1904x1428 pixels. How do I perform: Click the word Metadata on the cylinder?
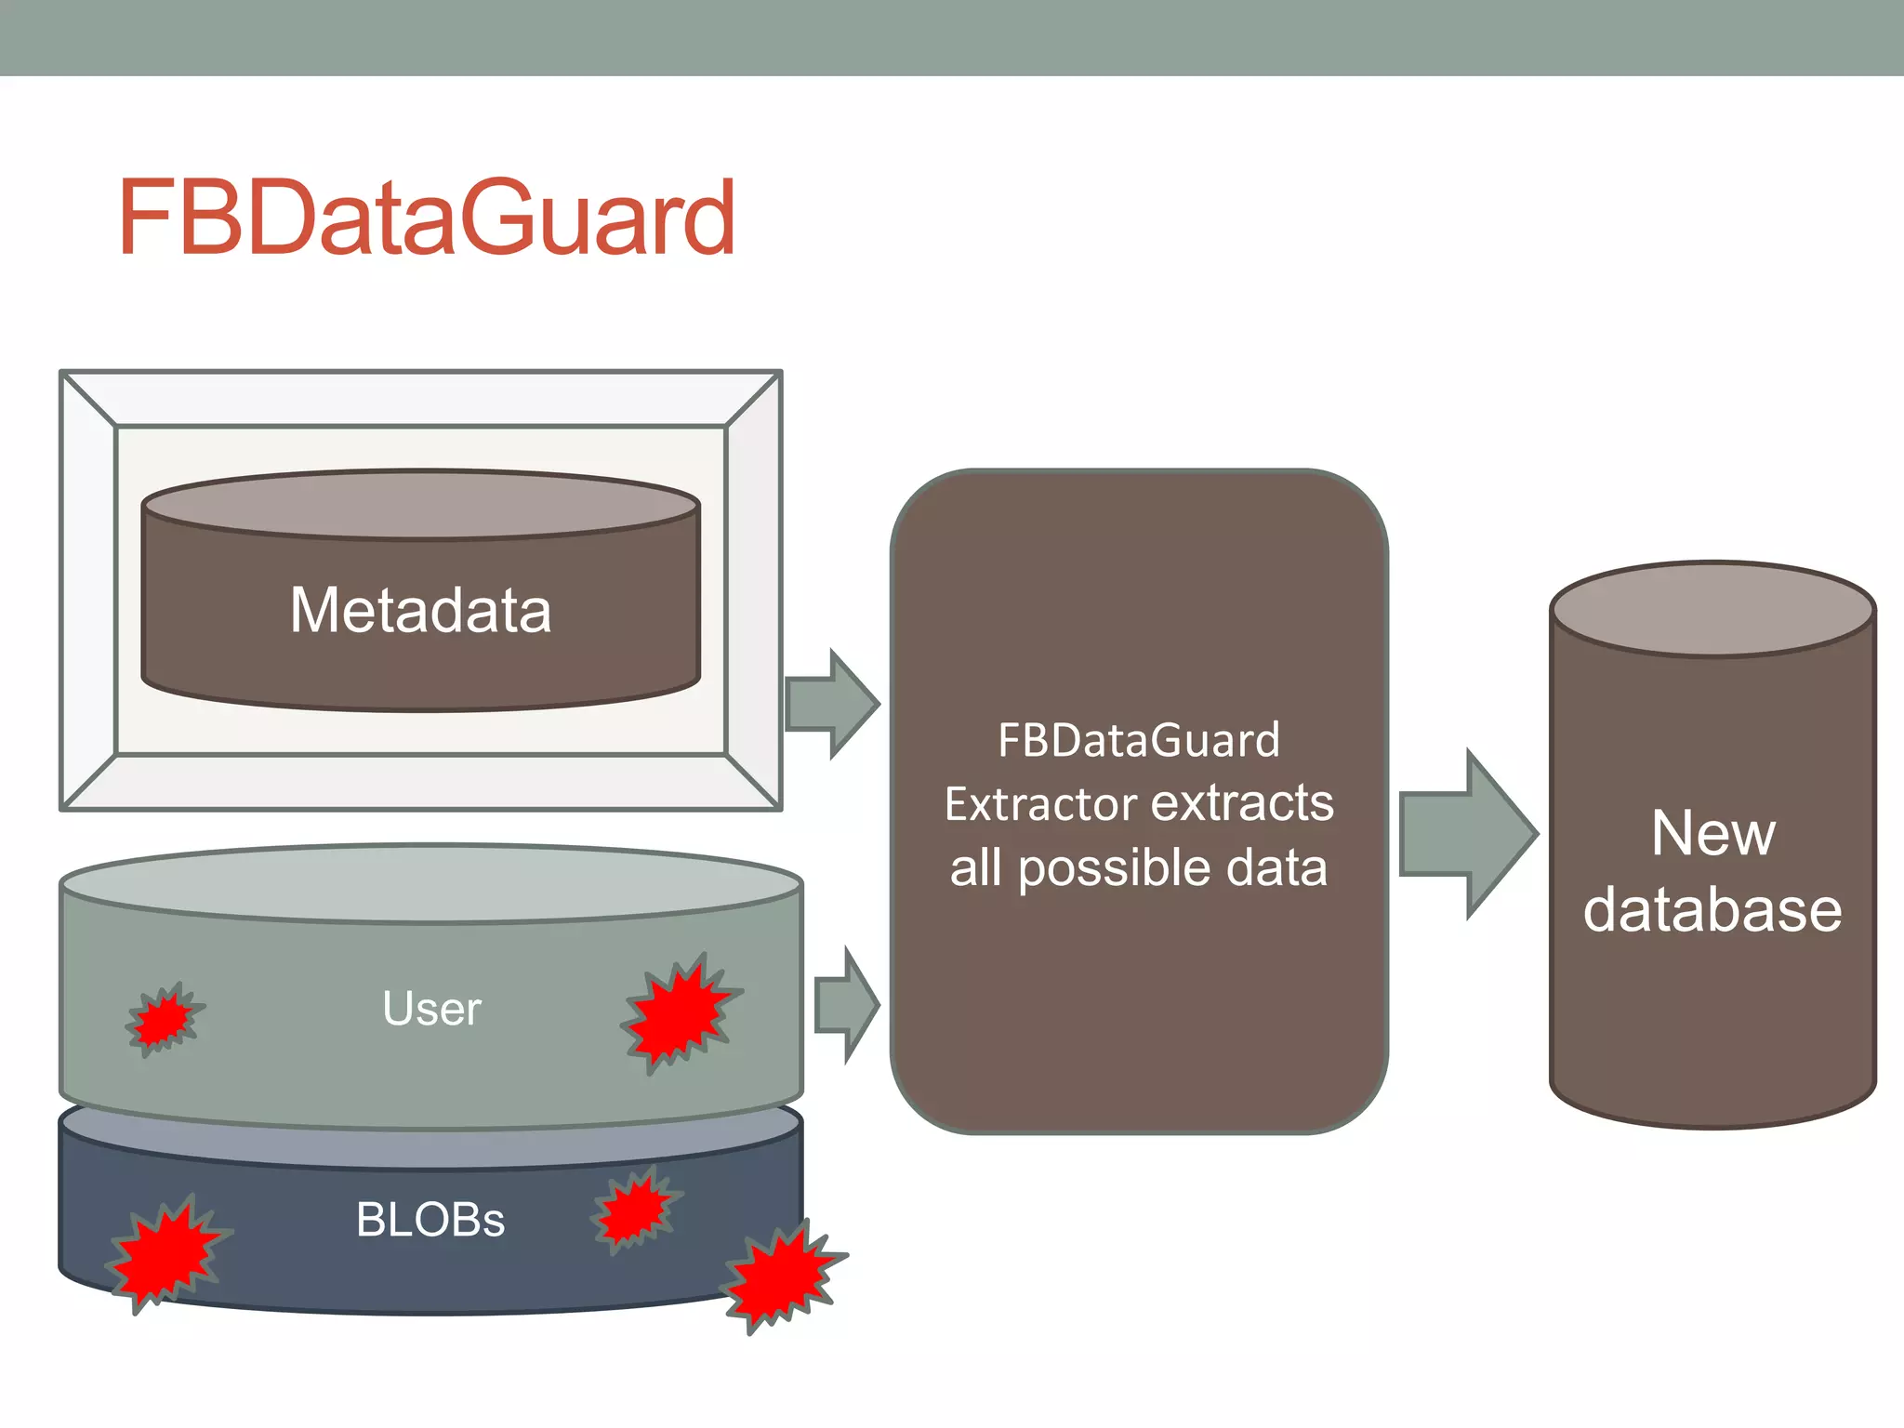click(420, 611)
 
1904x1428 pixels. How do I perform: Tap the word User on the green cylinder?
click(431, 1009)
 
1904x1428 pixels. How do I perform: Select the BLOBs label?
click(430, 1220)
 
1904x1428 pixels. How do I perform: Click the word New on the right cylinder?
click(1712, 833)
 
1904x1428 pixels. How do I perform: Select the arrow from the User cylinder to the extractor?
click(847, 1005)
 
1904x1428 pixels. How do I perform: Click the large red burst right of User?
click(681, 1013)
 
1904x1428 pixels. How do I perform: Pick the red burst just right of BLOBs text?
click(636, 1209)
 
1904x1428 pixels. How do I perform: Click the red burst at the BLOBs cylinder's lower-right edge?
click(781, 1276)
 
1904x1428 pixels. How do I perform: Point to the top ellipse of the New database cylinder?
click(1712, 610)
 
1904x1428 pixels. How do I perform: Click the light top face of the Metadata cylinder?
click(420, 505)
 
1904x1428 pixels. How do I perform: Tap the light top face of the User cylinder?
click(430, 883)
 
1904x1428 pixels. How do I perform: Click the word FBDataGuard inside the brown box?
click(1138, 741)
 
